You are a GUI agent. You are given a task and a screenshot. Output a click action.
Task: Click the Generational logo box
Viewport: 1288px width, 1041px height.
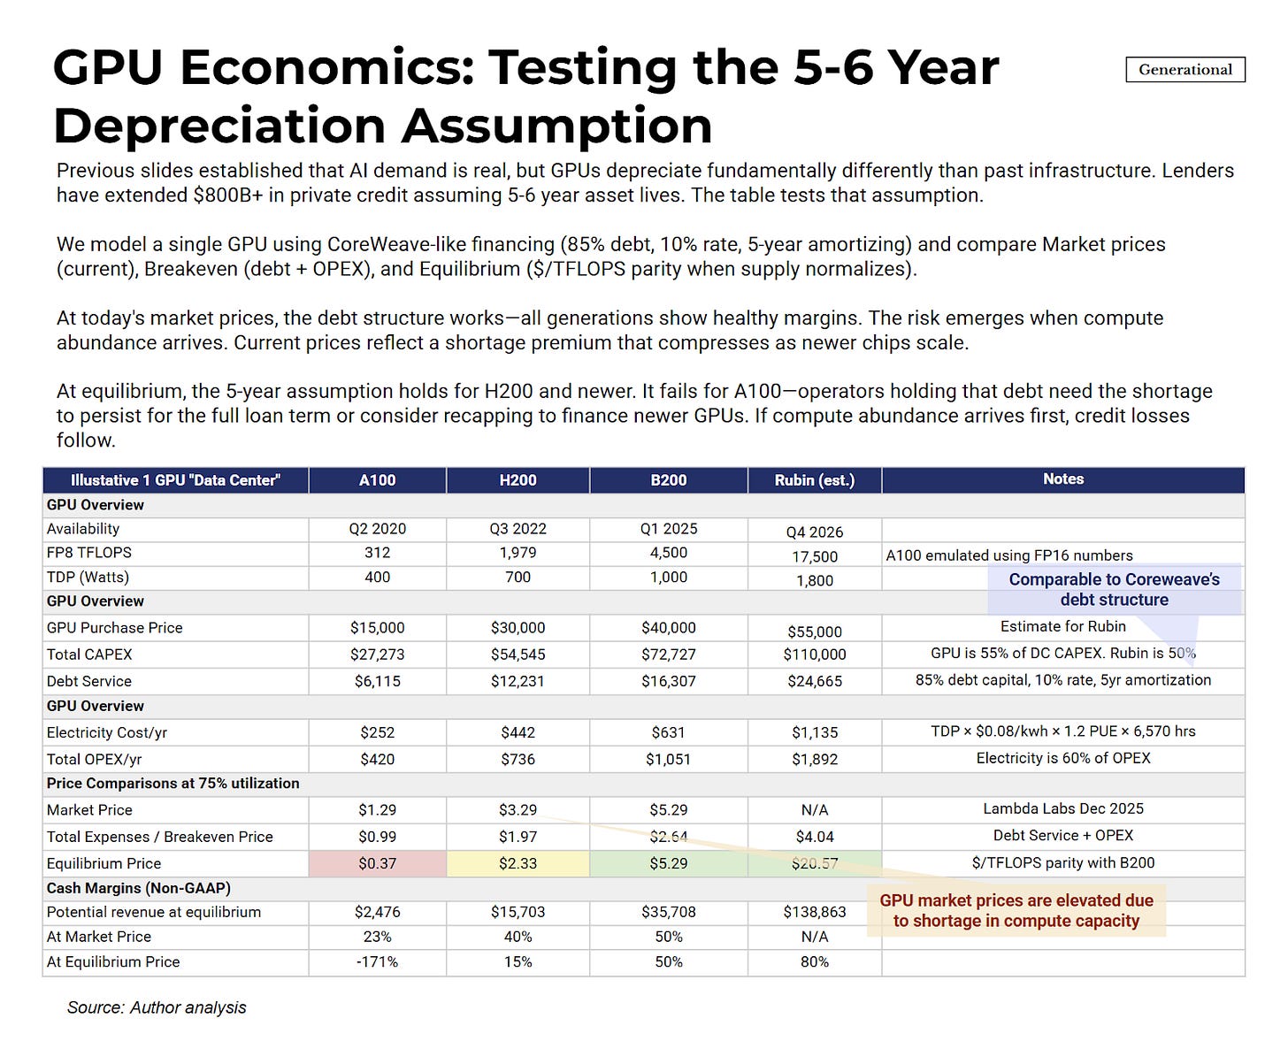(1184, 70)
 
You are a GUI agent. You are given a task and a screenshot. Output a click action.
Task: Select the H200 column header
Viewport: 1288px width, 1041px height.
(517, 480)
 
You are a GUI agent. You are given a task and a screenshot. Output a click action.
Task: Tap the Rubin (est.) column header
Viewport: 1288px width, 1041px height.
(814, 480)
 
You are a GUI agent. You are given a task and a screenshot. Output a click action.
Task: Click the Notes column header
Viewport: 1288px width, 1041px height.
(1062, 479)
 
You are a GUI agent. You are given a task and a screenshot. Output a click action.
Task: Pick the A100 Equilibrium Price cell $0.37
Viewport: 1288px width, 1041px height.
(377, 863)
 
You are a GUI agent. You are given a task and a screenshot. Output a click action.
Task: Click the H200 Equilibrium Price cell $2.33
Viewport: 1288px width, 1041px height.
(517, 863)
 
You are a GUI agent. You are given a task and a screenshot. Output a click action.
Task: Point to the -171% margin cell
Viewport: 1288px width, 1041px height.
(377, 962)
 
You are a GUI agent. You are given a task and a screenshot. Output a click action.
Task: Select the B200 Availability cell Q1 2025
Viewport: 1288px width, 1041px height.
(668, 529)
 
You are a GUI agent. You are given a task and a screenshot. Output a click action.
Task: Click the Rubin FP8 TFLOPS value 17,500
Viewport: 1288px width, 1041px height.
(814, 556)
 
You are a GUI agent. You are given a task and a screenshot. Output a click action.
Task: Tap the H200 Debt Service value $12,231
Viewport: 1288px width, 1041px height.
(517, 682)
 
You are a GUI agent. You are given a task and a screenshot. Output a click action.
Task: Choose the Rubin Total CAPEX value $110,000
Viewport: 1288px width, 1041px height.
(814, 655)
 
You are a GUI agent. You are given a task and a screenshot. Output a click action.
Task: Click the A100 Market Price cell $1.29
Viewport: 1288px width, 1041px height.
(377, 810)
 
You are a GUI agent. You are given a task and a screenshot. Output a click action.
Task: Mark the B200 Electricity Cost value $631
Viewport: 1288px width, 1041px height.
(668, 733)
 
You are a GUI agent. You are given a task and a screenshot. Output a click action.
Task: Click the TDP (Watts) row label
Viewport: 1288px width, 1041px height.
(88, 578)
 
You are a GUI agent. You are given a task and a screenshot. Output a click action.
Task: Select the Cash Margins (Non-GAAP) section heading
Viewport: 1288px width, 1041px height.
(138, 888)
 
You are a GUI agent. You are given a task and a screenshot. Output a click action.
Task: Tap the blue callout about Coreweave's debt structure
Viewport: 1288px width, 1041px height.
(1114, 590)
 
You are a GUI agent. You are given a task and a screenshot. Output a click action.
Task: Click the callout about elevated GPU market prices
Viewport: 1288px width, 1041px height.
(1016, 911)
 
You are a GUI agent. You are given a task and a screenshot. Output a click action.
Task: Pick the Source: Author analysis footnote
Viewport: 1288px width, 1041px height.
(157, 1008)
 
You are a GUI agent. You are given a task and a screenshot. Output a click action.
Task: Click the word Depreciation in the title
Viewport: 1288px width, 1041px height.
(221, 126)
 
